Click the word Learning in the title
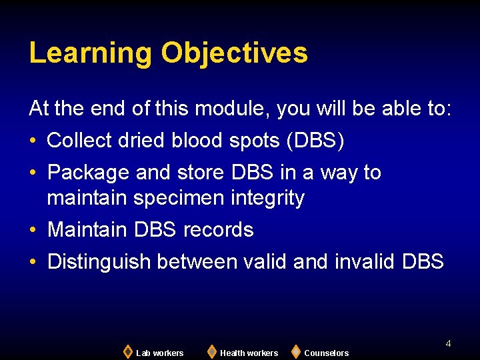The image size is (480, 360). click(89, 53)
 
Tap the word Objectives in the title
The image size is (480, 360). click(234, 53)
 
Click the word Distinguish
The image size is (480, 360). click(99, 262)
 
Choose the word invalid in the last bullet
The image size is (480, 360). click(365, 262)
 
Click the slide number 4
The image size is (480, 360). click(448, 343)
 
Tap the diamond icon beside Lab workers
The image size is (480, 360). click(127, 351)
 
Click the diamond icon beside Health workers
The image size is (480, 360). click(211, 351)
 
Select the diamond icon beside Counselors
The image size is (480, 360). click(295, 351)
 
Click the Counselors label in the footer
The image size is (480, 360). click(326, 353)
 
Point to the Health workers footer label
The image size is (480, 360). click(249, 353)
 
